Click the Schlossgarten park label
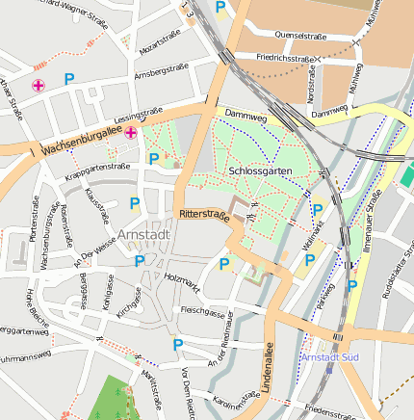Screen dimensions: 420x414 pos(261,171)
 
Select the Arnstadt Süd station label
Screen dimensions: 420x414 pos(331,356)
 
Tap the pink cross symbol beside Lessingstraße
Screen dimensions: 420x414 pos(131,133)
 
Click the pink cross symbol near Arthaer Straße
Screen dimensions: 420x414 pos(39,86)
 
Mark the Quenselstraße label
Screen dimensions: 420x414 pos(300,35)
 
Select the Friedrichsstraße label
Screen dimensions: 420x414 pos(288,58)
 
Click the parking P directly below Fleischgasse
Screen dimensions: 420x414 pos(177,344)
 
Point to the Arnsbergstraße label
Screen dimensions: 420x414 pos(161,70)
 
